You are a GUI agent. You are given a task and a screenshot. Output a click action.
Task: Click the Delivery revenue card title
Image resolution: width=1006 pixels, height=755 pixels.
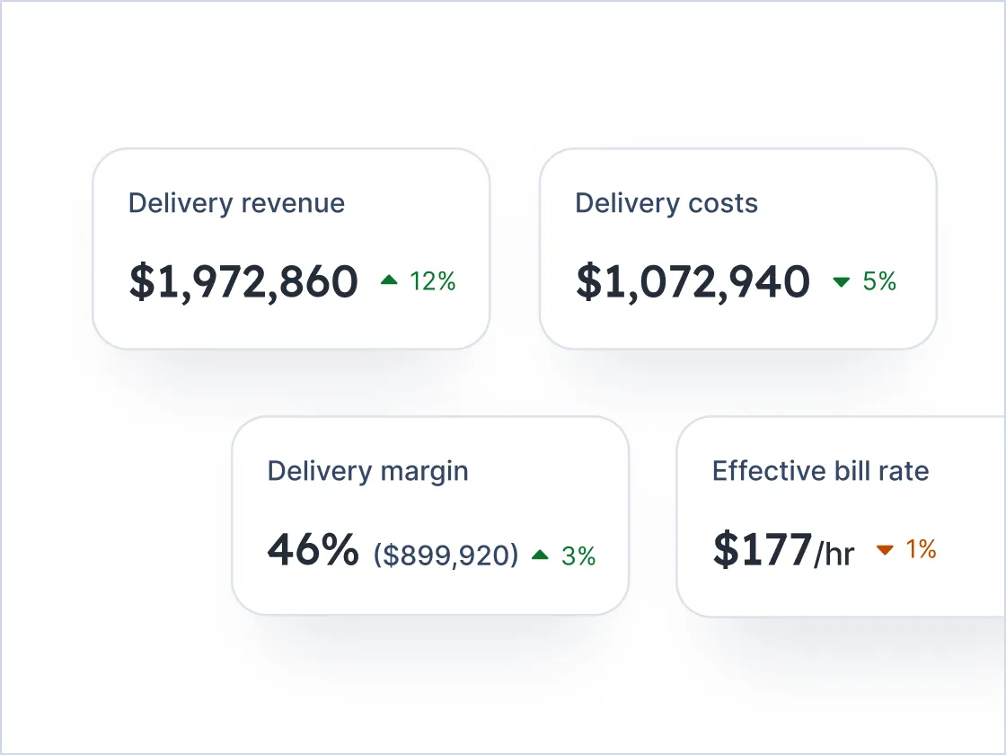click(236, 203)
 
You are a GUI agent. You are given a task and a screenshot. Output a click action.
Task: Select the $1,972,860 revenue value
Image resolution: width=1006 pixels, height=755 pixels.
click(243, 281)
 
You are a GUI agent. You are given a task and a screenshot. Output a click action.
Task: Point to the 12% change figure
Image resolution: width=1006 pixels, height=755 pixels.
click(433, 281)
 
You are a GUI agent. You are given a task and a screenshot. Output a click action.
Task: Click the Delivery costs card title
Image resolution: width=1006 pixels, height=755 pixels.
click(666, 203)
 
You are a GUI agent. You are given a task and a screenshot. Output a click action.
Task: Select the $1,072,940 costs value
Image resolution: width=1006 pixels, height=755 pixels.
click(692, 281)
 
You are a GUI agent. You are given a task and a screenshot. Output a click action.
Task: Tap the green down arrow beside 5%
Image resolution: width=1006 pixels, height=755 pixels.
click(842, 282)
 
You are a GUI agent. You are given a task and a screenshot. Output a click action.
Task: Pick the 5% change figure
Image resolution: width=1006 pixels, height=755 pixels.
click(879, 281)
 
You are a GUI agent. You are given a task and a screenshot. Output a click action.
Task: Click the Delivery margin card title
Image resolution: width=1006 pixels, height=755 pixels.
click(367, 471)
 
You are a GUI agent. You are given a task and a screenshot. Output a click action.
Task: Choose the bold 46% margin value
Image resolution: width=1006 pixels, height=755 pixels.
click(313, 550)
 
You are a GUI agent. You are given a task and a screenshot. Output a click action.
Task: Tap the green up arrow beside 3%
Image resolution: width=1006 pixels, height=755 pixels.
click(540, 555)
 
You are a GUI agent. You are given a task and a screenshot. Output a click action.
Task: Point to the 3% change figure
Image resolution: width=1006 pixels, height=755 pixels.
click(578, 555)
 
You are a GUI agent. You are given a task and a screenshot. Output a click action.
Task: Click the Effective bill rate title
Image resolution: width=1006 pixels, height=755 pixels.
click(820, 471)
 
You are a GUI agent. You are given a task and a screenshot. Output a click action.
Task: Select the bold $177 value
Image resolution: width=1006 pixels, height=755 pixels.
click(762, 550)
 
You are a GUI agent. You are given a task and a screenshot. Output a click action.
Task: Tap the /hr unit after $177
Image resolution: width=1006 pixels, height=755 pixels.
click(834, 554)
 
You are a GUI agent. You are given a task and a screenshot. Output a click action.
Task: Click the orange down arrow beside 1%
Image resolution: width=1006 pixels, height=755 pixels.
click(885, 550)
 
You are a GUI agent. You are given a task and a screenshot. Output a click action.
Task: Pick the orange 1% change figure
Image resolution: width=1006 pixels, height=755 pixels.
click(921, 549)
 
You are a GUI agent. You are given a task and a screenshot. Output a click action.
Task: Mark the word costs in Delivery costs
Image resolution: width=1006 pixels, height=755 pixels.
click(723, 203)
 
